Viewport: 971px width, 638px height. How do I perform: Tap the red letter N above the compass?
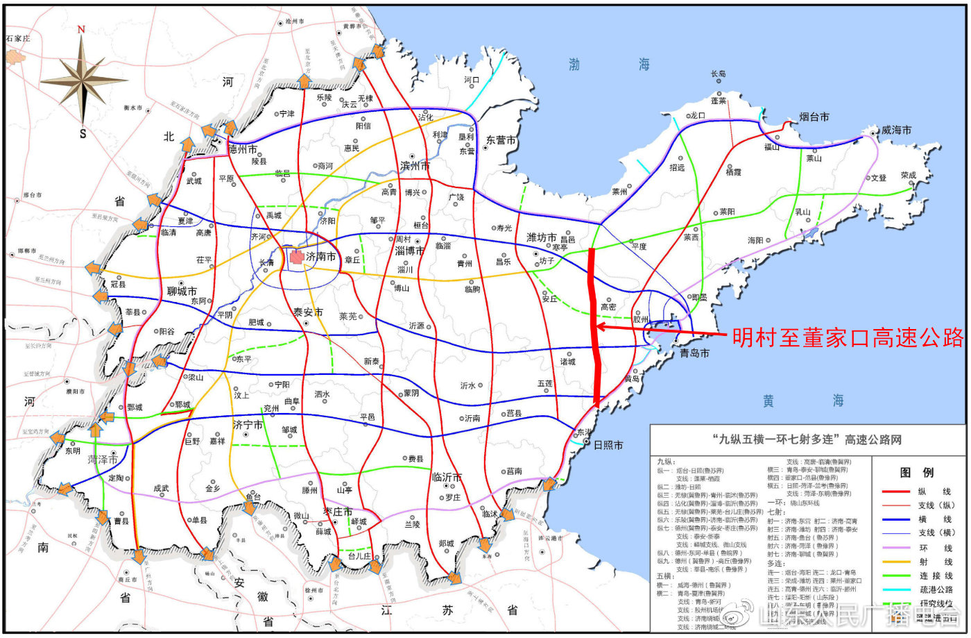(x=82, y=29)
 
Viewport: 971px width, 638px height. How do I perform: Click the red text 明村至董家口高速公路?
(x=845, y=337)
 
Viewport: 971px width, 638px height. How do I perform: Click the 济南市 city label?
(x=321, y=257)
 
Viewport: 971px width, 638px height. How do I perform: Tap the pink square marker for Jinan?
(x=297, y=257)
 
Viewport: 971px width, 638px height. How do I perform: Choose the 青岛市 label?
(x=695, y=353)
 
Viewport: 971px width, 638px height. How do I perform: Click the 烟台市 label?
(x=814, y=117)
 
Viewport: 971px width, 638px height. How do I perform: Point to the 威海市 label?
(x=896, y=130)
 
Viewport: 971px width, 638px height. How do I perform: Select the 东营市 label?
(x=501, y=140)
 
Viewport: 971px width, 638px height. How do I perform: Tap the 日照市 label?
(x=608, y=445)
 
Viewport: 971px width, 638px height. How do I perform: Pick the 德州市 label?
(x=243, y=149)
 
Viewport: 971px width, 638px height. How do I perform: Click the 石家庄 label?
(x=18, y=38)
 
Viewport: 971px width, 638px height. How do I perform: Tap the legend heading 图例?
(x=915, y=473)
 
